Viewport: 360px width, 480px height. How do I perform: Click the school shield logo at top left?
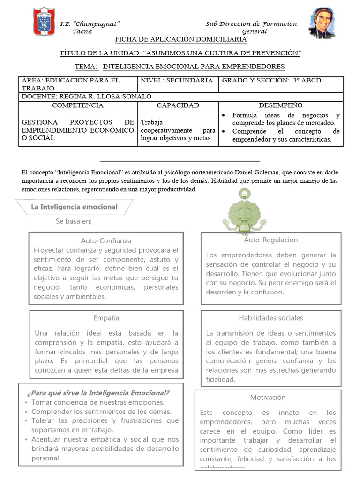[45, 23]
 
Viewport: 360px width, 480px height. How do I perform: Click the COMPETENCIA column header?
[77, 105]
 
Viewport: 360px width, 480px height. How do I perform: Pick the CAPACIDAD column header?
[178, 105]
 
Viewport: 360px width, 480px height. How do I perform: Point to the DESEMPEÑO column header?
[280, 105]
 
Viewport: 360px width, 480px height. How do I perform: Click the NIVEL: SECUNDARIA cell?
[177, 81]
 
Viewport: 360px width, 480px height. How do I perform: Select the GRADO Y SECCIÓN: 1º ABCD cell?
[271, 81]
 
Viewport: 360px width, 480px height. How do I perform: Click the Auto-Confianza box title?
[106, 241]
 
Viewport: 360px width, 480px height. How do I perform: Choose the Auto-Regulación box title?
[271, 240]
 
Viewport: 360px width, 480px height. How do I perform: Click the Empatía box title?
[106, 318]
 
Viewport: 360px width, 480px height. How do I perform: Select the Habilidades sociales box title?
[271, 318]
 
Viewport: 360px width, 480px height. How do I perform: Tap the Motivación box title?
[268, 397]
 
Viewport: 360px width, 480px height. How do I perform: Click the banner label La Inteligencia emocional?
[74, 207]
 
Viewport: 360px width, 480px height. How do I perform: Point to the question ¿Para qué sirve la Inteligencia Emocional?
[98, 393]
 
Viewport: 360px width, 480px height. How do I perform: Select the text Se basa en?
[74, 221]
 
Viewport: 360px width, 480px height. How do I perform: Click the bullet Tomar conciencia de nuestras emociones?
[98, 402]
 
